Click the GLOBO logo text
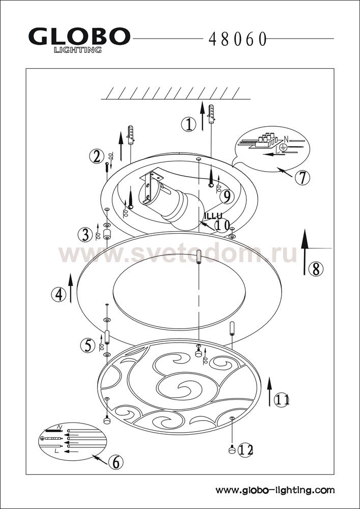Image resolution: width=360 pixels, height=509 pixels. pos(79,36)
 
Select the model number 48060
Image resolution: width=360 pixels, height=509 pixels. pos(238,40)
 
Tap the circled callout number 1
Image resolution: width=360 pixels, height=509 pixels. pos(188,125)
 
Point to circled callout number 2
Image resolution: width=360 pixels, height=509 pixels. pos(96,156)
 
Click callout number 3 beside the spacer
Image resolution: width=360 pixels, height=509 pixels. pos(85,235)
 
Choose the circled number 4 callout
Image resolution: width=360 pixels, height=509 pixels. pos(59,295)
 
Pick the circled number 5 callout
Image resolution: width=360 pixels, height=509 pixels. pos(88,346)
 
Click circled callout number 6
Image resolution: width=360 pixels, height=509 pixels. pos(116,462)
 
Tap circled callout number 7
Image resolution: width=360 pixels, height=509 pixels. pos(302,177)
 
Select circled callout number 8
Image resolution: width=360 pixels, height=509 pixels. pos(316,269)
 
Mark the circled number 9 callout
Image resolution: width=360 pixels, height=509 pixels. pos(227,196)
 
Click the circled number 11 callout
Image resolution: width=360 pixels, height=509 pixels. pos(282,400)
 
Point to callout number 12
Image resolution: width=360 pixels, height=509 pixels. pos(245,450)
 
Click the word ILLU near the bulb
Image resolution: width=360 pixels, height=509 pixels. pos(213,216)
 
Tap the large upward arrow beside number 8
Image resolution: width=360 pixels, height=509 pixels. pos(304,252)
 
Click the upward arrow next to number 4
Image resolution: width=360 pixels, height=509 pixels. pos(71,288)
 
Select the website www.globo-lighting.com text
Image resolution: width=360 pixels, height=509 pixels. pos(275,490)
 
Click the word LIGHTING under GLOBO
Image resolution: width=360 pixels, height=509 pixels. pos(77,50)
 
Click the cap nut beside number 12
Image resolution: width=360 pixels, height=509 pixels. pos(232,449)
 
